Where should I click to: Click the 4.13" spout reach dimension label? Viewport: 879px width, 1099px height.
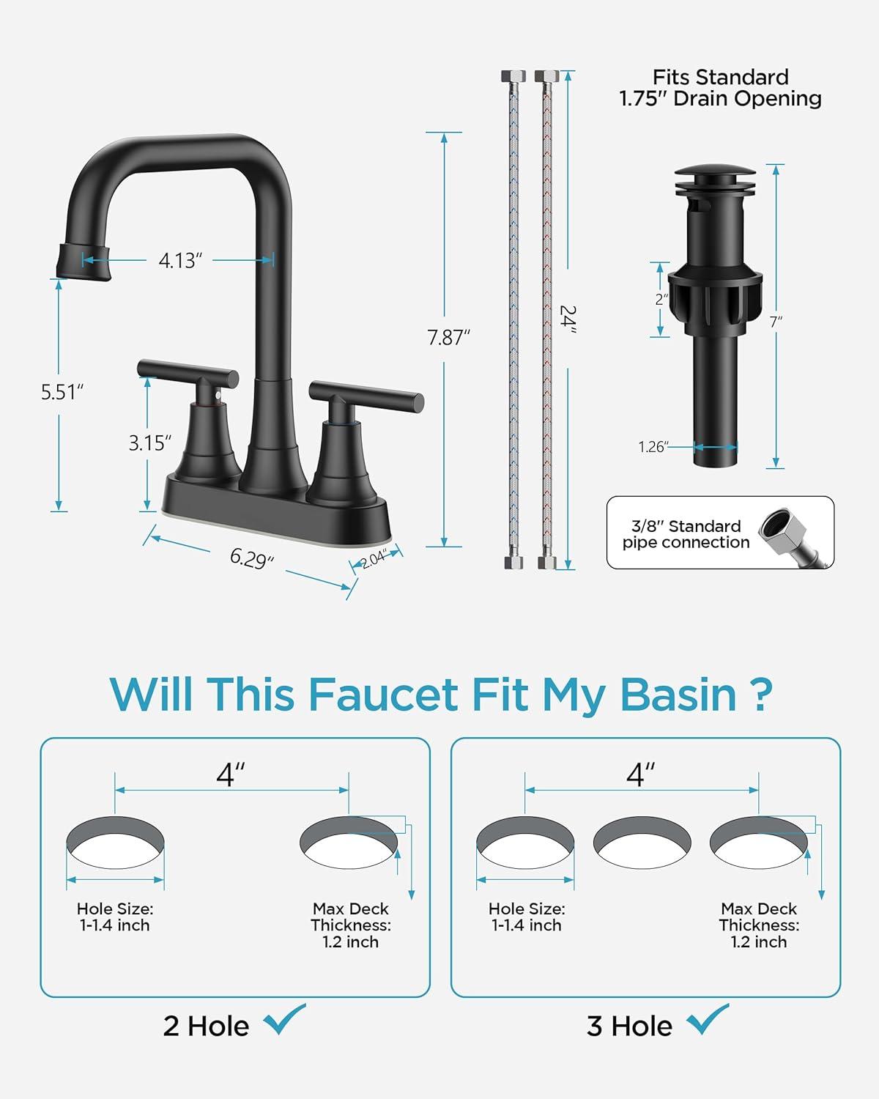point(180,260)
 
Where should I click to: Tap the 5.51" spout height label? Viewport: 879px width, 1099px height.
point(62,392)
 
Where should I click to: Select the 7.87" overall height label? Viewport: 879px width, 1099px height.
point(448,338)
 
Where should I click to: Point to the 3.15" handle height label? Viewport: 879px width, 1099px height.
point(149,443)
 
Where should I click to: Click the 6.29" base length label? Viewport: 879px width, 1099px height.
point(252,558)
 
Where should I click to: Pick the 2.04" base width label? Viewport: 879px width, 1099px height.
point(374,559)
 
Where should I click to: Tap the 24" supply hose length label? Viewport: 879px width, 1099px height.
point(568,319)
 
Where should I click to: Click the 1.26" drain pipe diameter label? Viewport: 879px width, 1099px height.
point(653,447)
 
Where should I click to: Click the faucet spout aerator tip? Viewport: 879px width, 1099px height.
point(84,262)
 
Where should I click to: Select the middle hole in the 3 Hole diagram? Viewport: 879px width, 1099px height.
point(642,843)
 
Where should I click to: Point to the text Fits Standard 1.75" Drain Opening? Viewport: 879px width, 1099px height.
point(721,88)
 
